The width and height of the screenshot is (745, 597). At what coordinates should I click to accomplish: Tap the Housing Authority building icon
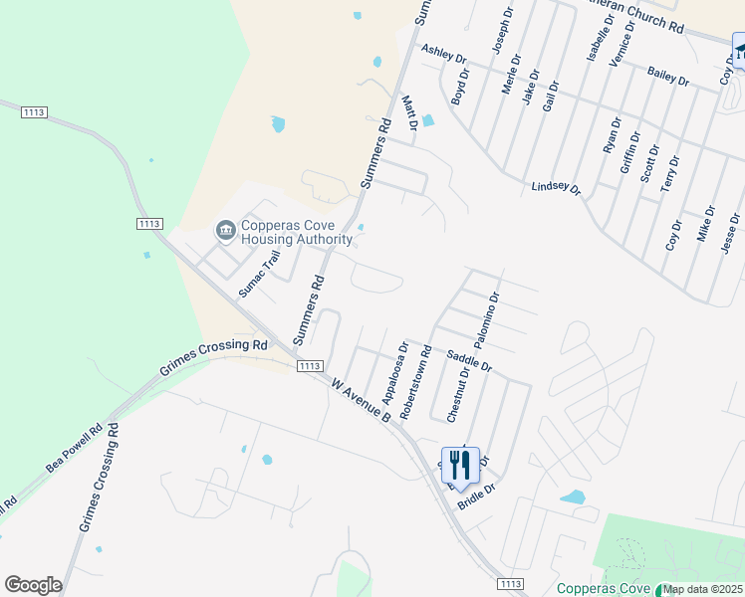click(x=225, y=232)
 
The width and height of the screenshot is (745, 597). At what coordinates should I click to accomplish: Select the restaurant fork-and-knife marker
click(x=460, y=465)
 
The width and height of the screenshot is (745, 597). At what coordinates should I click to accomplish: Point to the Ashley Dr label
click(x=443, y=53)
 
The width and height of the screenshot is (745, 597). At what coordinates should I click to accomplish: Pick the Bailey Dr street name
click(x=667, y=76)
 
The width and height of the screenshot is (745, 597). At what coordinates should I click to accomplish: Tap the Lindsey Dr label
click(x=556, y=187)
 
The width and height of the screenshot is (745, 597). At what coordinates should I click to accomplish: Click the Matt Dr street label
click(x=408, y=113)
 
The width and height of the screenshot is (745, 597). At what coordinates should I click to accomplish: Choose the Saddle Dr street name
click(x=469, y=360)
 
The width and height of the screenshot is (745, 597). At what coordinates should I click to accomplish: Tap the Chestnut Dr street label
click(x=457, y=391)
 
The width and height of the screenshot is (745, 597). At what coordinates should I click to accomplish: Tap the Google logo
click(x=33, y=584)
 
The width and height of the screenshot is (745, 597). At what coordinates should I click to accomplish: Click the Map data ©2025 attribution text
click(x=703, y=589)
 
